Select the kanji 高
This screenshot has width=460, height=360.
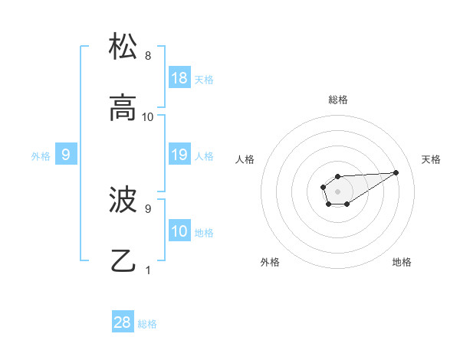pyautogui.click(x=123, y=108)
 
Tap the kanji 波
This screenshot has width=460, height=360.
pyautogui.click(x=123, y=200)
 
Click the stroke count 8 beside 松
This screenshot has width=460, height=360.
pyautogui.click(x=148, y=56)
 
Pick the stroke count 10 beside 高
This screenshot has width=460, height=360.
pyautogui.click(x=148, y=117)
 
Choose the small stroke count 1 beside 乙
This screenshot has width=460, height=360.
pyautogui.click(x=148, y=270)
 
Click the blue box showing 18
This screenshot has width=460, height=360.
pyautogui.click(x=179, y=78)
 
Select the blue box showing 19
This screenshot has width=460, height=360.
pyautogui.click(x=179, y=155)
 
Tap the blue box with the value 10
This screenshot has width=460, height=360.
pyautogui.click(x=179, y=231)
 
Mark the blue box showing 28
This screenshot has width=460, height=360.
pyautogui.click(x=123, y=322)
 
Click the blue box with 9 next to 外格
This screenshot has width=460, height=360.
pyautogui.click(x=66, y=155)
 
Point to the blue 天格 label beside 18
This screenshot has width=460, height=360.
pyautogui.click(x=204, y=79)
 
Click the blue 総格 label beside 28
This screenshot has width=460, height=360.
pyautogui.click(x=147, y=323)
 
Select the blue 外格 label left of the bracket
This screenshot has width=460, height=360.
pyautogui.click(x=41, y=155)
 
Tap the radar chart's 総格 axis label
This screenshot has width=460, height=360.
pyautogui.click(x=338, y=100)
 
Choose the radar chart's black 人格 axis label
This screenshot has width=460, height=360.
pyautogui.click(x=245, y=159)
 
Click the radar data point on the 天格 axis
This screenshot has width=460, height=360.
pyautogui.click(x=396, y=172)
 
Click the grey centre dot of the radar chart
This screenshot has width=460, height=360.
pyautogui.click(x=337, y=190)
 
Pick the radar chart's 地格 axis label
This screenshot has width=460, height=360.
pyautogui.click(x=402, y=262)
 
